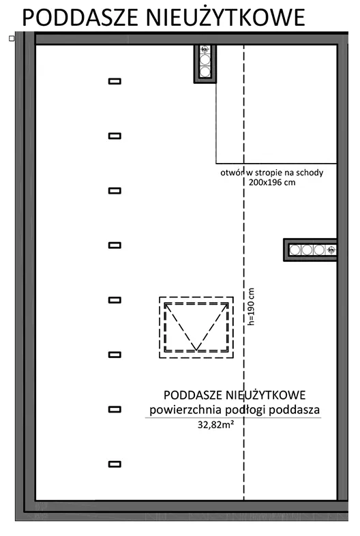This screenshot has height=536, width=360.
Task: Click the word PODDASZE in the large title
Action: [x=80, y=18]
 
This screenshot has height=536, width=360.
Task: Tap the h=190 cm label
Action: [x=251, y=307]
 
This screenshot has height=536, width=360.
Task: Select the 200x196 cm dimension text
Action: [x=272, y=182]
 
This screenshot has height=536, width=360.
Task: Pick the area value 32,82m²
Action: [x=215, y=425]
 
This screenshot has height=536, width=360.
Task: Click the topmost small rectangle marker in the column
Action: [x=115, y=81]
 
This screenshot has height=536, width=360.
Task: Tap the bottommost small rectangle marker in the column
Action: [x=115, y=464]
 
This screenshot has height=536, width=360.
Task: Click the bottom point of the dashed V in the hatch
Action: [x=196, y=350]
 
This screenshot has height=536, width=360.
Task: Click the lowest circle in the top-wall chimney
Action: [x=205, y=72]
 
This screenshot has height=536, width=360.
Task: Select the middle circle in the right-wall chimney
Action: [x=307, y=250]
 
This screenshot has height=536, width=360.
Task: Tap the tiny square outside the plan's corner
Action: [x=12, y=39]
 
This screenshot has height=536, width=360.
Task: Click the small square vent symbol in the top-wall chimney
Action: [x=205, y=50]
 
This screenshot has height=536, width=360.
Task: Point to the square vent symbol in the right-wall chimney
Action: [x=331, y=250]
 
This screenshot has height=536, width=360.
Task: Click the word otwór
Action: [x=230, y=173]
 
